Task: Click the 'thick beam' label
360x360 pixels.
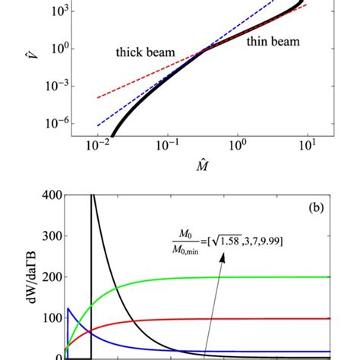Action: click(x=146, y=53)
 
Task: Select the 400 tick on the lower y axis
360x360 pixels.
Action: click(x=49, y=196)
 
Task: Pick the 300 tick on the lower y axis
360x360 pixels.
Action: click(x=49, y=236)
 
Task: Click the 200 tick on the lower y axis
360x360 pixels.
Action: click(x=49, y=277)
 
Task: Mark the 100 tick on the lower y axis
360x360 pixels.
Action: click(x=49, y=317)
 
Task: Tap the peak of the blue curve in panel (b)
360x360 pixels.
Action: click(x=69, y=308)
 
